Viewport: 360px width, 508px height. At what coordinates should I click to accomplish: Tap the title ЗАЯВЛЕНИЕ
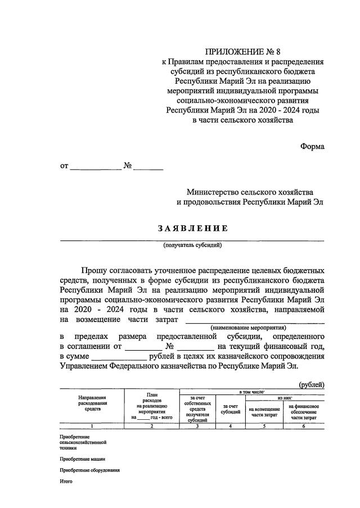pyautogui.click(x=192, y=228)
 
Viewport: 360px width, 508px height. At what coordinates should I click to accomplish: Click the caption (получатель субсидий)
pyautogui.click(x=192, y=245)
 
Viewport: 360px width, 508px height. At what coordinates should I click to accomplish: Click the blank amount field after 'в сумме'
pyautogui.click(x=119, y=356)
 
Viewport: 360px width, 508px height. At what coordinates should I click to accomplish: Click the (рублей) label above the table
pyautogui.click(x=311, y=384)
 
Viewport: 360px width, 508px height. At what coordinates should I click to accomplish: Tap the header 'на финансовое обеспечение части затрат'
pyautogui.click(x=304, y=412)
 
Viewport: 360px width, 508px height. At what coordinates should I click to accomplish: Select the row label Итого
pyautogui.click(x=66, y=481)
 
